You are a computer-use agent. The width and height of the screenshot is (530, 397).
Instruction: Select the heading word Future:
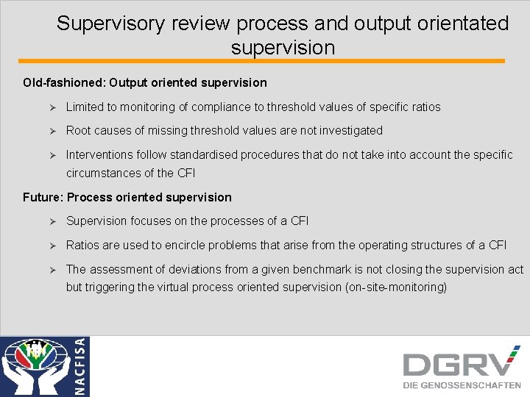(43, 197)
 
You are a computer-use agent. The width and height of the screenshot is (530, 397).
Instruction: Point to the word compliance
(222, 107)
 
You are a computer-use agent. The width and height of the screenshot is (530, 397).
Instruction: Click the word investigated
(349, 130)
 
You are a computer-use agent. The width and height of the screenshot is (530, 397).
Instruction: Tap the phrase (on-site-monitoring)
(395, 287)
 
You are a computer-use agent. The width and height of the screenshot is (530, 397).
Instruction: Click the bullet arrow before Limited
(52, 107)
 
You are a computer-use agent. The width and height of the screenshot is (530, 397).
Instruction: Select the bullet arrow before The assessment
(52, 270)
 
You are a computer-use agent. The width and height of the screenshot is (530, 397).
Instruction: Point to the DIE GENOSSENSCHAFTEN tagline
(462, 385)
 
